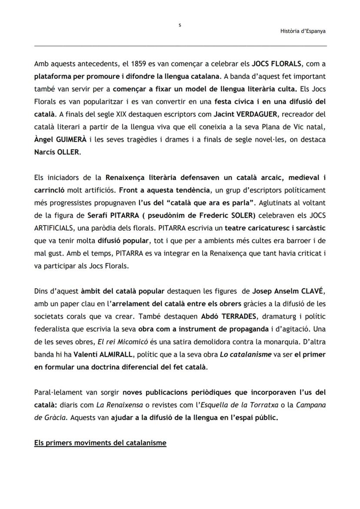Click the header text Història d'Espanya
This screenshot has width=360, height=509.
[x=303, y=31]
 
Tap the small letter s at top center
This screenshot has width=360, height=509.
[x=180, y=25]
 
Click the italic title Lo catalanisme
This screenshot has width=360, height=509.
[x=245, y=354]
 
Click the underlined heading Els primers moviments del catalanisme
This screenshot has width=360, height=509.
[x=100, y=443]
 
